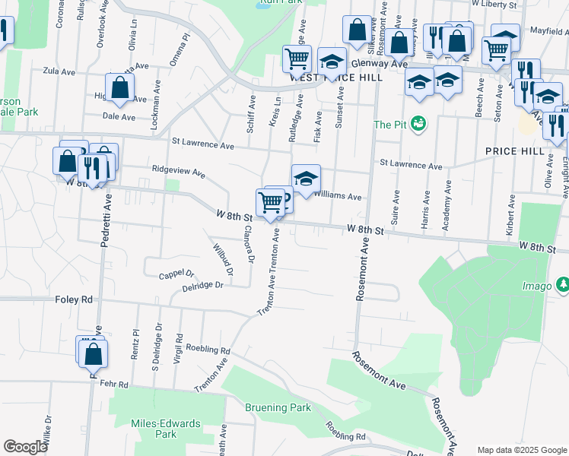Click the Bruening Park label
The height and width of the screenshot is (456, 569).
pyautogui.click(x=278, y=407)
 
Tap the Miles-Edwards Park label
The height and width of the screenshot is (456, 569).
pyautogui.click(x=154, y=429)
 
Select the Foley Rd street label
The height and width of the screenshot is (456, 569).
pyautogui.click(x=73, y=300)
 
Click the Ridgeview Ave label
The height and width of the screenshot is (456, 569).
pyautogui.click(x=179, y=171)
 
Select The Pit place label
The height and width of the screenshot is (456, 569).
pyautogui.click(x=389, y=125)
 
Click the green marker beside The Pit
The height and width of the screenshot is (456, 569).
pyautogui.click(x=417, y=122)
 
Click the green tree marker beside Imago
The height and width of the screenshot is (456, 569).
pyautogui.click(x=563, y=284)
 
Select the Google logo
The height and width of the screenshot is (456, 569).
pyautogui.click(x=25, y=447)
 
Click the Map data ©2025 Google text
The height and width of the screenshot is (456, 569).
pyautogui.click(x=522, y=450)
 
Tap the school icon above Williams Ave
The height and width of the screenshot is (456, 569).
pyautogui.click(x=306, y=179)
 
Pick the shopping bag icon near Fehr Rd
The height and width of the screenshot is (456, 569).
pyautogui.click(x=93, y=354)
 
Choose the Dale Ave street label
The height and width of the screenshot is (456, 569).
pyautogui.click(x=119, y=117)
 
